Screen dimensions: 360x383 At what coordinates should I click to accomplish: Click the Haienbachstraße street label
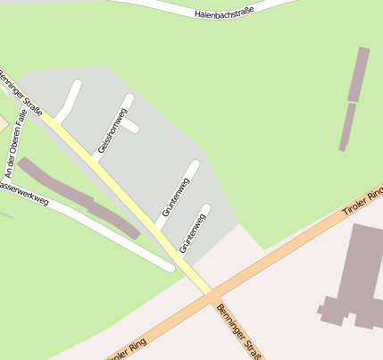pos(224,13)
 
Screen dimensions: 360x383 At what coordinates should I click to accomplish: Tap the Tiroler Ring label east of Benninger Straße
pos(362,203)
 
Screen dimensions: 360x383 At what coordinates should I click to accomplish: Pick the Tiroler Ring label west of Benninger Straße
pos(125,347)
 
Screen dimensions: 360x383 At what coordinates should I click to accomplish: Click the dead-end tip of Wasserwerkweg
pos(170,266)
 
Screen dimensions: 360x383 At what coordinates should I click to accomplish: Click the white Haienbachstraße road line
pos(161,7)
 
